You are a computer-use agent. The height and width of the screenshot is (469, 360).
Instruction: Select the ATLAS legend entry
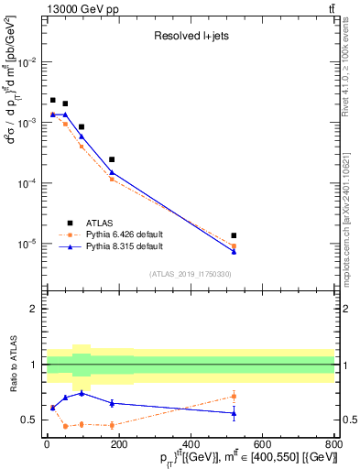click(103, 222)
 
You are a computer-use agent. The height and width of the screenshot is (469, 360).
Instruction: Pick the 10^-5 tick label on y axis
click(26, 245)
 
